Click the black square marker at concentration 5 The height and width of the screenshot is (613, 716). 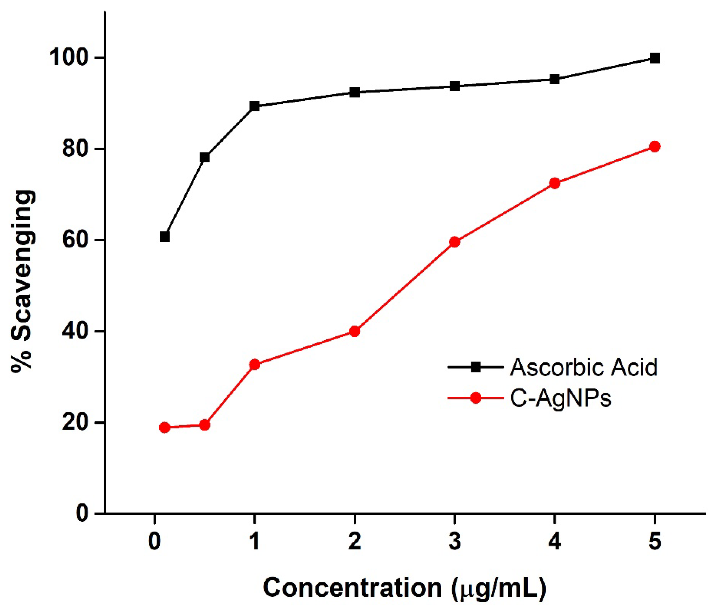tap(654, 58)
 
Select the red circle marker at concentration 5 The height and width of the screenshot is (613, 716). tap(654, 146)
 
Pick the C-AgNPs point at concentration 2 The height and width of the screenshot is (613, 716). tap(354, 331)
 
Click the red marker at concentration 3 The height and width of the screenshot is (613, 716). tap(455, 242)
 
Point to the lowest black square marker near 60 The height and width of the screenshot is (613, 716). tap(165, 237)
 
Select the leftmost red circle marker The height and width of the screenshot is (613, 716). tap(165, 428)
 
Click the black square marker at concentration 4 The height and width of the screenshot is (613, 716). tap(555, 80)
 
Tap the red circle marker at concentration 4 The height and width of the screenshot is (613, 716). tap(555, 183)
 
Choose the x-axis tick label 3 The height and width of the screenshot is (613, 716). tap(455, 541)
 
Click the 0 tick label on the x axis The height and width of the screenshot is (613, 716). tap(154, 541)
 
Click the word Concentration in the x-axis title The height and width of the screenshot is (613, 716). tap(353, 587)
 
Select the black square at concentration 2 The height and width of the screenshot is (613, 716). tap(354, 92)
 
